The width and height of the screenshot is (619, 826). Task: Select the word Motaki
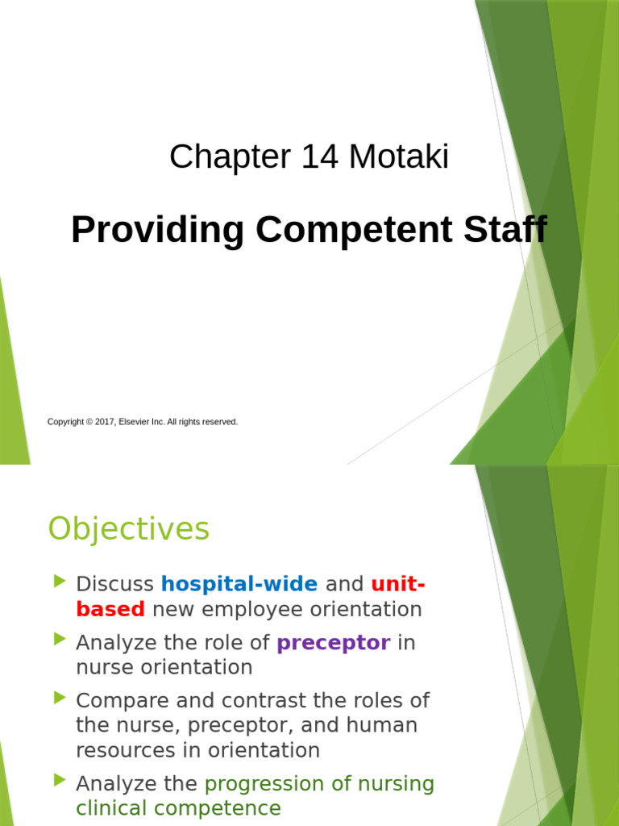[x=398, y=156]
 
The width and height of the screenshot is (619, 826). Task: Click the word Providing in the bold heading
[x=158, y=231]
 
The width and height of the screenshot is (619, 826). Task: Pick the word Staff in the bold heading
[x=506, y=230]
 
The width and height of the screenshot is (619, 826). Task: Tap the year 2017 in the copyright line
[x=105, y=422]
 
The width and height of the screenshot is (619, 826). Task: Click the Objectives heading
[x=128, y=529]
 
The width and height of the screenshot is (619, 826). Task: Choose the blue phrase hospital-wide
[x=239, y=583]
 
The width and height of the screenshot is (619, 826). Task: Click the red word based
[x=110, y=609]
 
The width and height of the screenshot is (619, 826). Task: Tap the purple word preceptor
[x=333, y=643]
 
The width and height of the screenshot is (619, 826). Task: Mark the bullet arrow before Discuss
[x=59, y=582]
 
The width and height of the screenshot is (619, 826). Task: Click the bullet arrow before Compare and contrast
[x=59, y=697]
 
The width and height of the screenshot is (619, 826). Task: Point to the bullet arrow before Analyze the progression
[x=59, y=781]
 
